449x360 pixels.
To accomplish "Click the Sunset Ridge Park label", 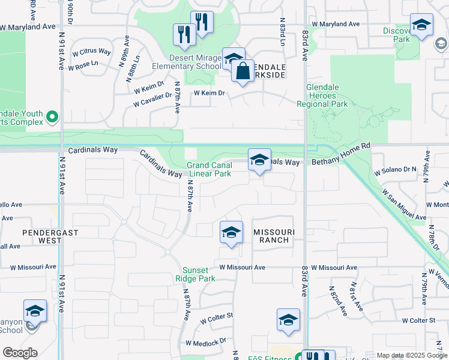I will click(x=195, y=275).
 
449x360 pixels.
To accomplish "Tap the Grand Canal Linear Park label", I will click(x=208, y=169).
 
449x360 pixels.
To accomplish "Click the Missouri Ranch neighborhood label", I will click(x=271, y=236).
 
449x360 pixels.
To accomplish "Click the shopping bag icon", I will click(x=243, y=71).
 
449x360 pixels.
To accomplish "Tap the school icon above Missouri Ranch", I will click(x=231, y=232).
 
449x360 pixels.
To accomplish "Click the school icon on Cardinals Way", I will click(x=259, y=160).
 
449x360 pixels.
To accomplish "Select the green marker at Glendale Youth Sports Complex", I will click(x=52, y=116).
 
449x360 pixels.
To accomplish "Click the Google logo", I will click(x=20, y=353).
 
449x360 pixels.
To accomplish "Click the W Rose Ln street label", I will click(x=83, y=66).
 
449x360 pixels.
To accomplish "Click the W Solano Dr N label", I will click(x=395, y=171).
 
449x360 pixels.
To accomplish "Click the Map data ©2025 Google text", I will click(x=412, y=355).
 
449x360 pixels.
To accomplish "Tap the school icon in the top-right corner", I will click(x=421, y=25).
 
